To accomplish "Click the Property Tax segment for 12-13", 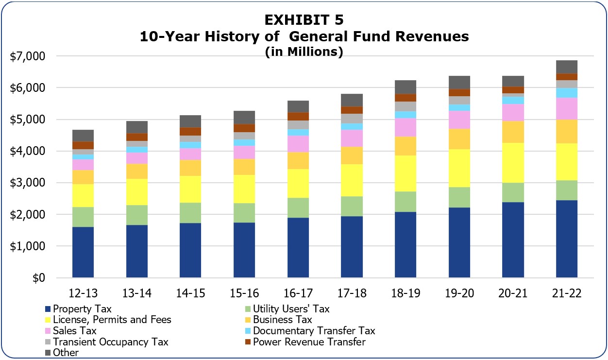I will coord(83,252).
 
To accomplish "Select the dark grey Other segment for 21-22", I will coord(567,67).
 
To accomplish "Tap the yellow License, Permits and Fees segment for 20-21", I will coord(513,163).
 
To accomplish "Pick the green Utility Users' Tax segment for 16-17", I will coord(298,207).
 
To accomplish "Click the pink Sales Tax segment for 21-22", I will coord(567,108).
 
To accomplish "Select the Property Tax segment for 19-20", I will coord(459,242).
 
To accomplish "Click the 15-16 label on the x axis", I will coord(244,293).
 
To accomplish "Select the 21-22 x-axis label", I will coord(567,293).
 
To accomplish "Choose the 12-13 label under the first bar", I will coord(83,293).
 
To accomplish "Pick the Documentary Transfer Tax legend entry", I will coord(314,331).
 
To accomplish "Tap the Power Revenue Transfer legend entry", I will coord(309,342).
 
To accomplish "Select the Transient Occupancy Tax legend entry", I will coord(110,342).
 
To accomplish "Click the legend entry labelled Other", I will coord(66,353).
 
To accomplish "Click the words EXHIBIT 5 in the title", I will coord(304,20).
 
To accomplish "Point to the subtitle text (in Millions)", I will coord(304,52).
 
